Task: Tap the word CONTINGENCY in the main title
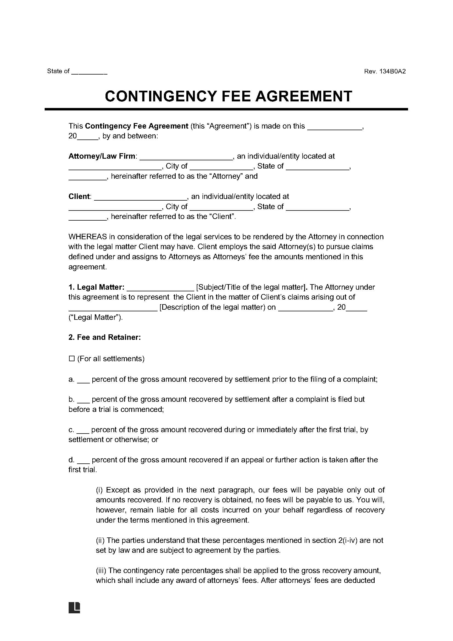point(161,96)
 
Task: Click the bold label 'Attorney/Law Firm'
point(102,156)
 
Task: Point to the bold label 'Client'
point(79,196)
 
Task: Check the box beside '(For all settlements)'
point(72,359)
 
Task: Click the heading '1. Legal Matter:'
point(96,287)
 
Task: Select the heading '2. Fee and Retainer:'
point(105,338)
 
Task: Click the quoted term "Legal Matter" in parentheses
point(95,317)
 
